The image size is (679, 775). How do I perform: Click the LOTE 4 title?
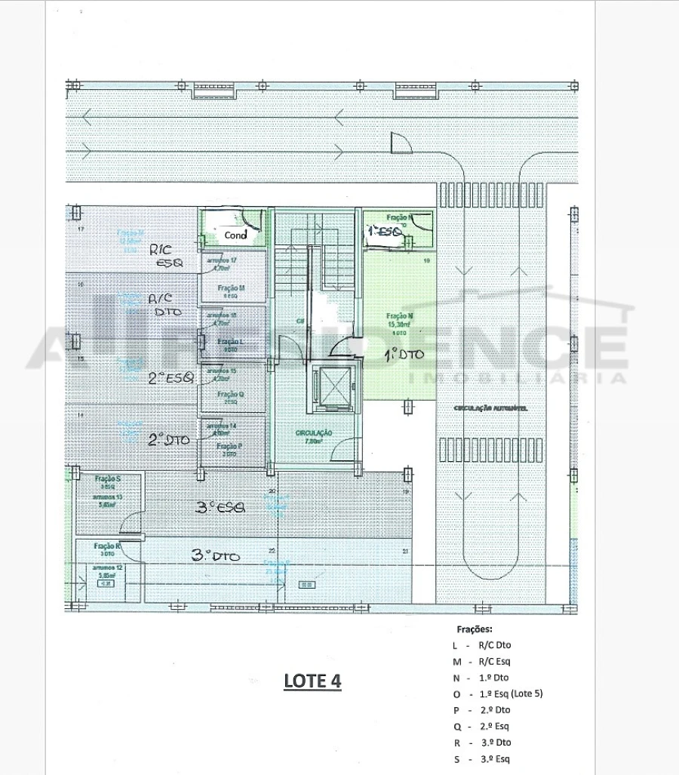click(312, 681)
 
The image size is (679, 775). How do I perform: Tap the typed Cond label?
click(235, 235)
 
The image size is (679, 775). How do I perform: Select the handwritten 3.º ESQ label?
click(220, 508)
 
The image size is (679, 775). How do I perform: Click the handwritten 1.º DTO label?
click(405, 353)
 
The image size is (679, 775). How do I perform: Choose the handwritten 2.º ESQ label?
click(171, 378)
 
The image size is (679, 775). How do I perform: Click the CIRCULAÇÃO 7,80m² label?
click(314, 437)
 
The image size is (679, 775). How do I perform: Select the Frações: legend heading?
click(474, 629)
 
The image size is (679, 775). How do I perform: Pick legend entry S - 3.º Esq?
click(489, 759)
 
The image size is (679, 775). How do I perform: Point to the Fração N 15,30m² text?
click(398, 321)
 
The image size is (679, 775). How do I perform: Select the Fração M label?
click(230, 289)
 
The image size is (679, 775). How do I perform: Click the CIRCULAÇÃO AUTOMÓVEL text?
click(490, 408)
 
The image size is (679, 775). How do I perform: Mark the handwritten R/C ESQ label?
click(165, 255)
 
